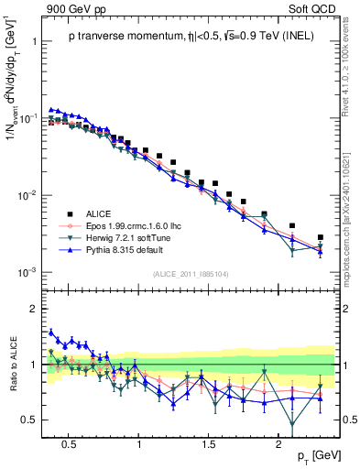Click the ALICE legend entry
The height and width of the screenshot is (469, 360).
(x=99, y=211)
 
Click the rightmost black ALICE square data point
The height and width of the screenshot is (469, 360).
(x=320, y=237)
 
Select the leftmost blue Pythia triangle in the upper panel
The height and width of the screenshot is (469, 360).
(x=52, y=109)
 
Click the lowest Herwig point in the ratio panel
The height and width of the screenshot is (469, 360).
(x=292, y=424)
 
